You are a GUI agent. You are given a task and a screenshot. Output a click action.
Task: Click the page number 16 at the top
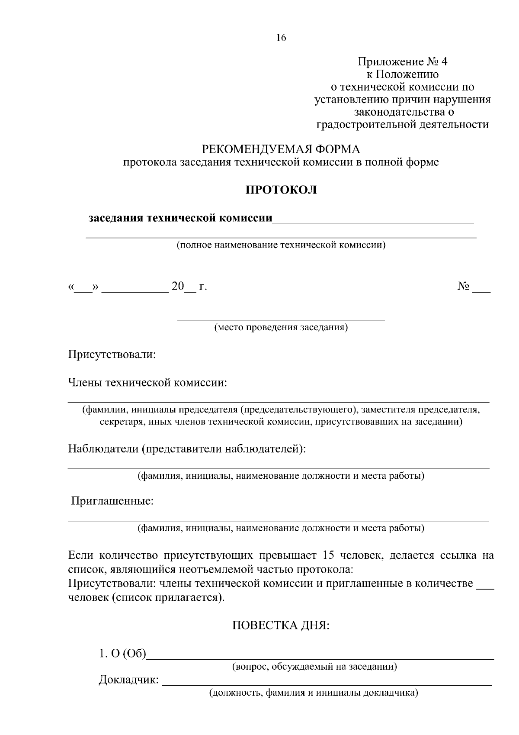pos(281,38)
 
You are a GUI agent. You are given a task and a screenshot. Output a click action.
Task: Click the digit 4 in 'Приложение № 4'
pos(445,62)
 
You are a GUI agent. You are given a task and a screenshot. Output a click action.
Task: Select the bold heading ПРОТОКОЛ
pos(281,190)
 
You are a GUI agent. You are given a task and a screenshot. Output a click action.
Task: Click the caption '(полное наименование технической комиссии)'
pos(281,245)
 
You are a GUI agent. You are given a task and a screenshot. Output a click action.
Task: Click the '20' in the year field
pos(178,286)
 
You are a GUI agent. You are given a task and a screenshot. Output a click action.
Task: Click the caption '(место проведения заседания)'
pos(281,327)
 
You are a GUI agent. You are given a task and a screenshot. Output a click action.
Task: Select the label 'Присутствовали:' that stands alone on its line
pos(112,355)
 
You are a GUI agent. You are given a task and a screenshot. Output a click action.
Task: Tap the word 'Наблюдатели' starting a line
pos(103,449)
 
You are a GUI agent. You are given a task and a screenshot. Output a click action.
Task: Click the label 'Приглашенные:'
pos(112,501)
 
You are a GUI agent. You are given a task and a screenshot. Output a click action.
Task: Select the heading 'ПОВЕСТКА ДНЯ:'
pos(281,625)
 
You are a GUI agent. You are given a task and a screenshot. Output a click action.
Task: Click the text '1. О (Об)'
pos(122,654)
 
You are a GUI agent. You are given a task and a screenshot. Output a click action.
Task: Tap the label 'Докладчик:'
pos(128,680)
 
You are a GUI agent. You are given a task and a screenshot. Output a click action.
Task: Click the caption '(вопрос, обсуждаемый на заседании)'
pos(314,667)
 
